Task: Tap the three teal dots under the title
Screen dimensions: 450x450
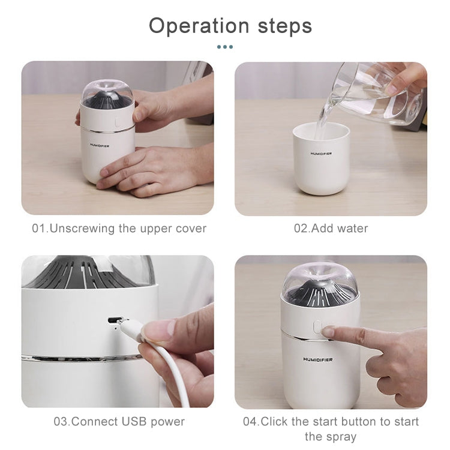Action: click(224, 47)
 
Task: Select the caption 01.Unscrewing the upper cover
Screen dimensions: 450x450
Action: click(119, 229)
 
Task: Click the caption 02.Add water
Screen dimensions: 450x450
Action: click(331, 229)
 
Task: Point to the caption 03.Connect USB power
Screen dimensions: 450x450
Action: click(119, 421)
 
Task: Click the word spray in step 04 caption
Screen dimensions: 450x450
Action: click(331, 436)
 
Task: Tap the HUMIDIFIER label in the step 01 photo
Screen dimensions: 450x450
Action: click(100, 145)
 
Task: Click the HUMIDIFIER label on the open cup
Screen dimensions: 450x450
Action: click(321, 154)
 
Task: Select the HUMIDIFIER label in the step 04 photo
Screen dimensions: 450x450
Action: click(317, 359)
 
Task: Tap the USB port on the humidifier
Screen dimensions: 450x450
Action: click(112, 319)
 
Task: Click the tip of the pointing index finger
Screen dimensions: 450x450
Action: click(327, 331)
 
